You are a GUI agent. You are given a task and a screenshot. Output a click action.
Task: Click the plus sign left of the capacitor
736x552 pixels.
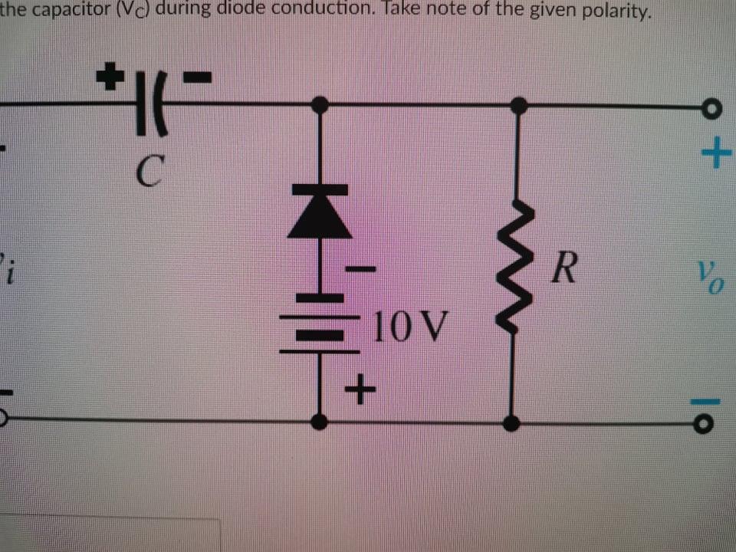pyautogui.click(x=111, y=75)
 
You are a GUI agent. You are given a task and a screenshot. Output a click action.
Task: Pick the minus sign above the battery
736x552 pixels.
pyautogui.click(x=360, y=269)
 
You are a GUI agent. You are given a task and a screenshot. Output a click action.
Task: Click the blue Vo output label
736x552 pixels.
pyautogui.click(x=708, y=273)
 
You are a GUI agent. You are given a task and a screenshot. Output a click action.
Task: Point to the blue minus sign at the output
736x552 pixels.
pyautogui.click(x=714, y=399)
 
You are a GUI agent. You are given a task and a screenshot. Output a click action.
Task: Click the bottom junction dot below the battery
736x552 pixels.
pyautogui.click(x=320, y=421)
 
